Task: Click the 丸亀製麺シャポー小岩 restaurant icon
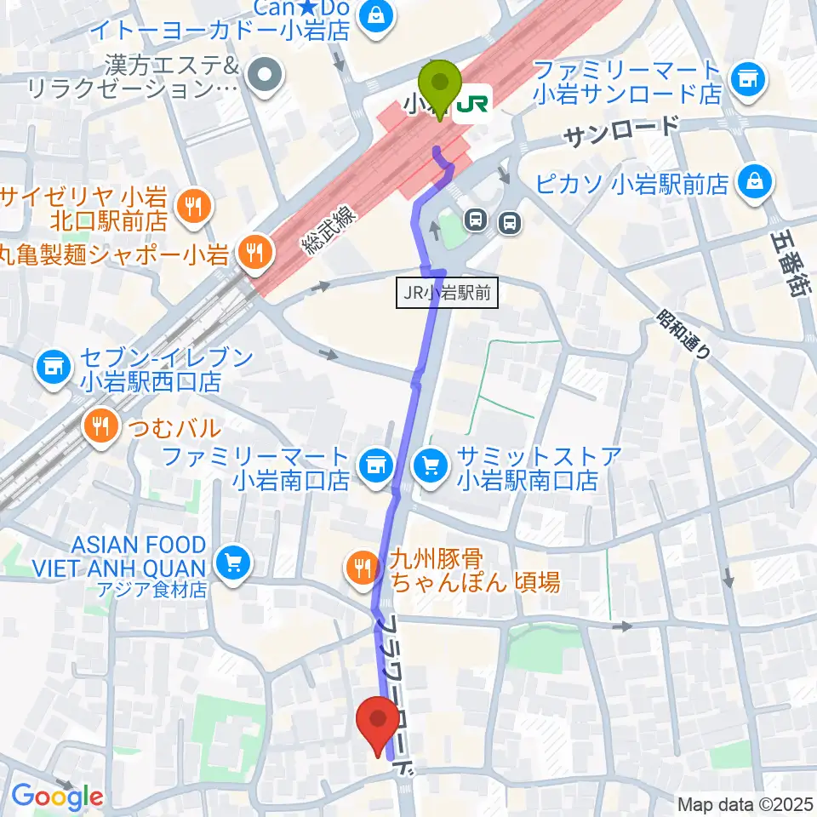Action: (x=252, y=250)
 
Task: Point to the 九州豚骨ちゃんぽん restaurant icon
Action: (x=362, y=564)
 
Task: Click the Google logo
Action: (x=56, y=797)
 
